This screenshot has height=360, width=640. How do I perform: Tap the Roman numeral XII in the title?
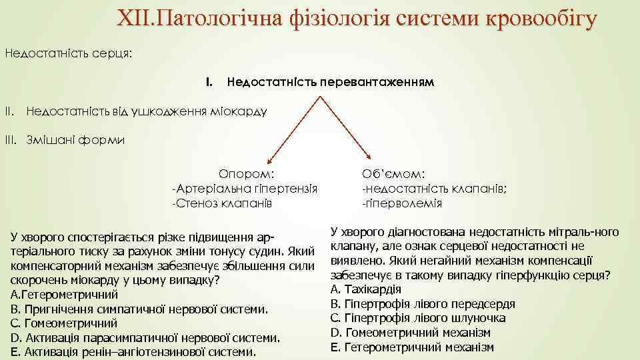coord(136,19)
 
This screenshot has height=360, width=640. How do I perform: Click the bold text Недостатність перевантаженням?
coord(330,83)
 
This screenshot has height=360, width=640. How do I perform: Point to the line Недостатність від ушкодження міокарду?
coord(146,111)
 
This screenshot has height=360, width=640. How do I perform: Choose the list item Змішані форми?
coord(75,140)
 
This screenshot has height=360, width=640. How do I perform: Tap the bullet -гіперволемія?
coord(402,203)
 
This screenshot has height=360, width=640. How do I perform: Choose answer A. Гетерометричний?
coord(65,294)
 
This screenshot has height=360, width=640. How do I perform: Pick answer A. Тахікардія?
coord(365,289)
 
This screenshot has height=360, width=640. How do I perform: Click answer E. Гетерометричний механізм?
coord(412,347)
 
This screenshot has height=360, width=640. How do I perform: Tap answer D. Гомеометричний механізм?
coord(411,332)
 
